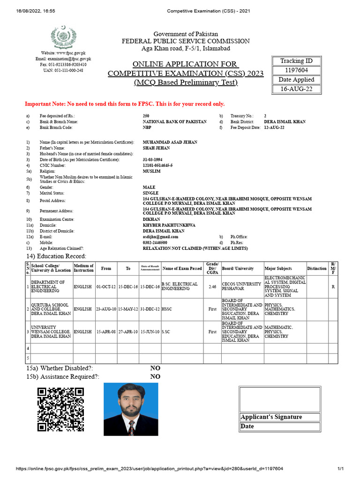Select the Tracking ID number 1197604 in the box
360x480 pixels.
296,70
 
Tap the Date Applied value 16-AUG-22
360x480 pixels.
296,89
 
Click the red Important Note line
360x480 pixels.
125,104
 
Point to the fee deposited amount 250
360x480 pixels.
146,115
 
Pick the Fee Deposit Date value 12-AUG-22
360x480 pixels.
274,127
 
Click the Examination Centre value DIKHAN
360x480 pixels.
151,219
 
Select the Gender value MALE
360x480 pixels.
149,187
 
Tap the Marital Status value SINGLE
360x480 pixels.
150,193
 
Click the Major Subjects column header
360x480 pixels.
278,269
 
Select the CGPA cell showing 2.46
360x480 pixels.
212,286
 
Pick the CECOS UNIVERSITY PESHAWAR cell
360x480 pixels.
242,286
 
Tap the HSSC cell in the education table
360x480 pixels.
166,309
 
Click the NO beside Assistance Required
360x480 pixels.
155,376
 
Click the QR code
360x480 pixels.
60,409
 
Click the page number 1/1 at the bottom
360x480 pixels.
341,469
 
